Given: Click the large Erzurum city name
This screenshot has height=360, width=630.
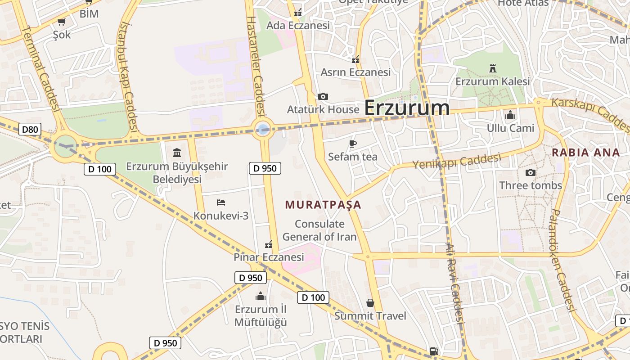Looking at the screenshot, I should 407,108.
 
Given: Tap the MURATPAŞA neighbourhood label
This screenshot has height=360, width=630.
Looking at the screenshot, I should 323,205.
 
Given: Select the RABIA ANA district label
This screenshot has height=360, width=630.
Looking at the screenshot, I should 586,152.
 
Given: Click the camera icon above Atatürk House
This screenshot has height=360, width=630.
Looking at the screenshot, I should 323,96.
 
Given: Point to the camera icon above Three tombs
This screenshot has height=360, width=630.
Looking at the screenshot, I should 531,172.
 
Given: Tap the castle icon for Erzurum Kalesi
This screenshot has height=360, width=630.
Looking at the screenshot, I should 492,68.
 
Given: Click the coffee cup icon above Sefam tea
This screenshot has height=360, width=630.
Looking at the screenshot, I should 353,144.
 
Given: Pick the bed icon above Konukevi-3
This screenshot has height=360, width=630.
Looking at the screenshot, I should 220,202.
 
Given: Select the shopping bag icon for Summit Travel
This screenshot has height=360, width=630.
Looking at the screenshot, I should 370,302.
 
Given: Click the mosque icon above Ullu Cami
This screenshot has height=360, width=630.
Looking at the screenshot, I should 510,115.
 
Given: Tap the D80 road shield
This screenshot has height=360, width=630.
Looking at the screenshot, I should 30,130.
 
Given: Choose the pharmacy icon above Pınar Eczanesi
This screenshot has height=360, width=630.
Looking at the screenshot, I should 269,244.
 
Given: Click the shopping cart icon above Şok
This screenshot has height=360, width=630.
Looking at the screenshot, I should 62,22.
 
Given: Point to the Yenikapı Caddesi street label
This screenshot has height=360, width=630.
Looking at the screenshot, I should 456,161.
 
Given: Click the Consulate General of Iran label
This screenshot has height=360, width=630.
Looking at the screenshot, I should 319,230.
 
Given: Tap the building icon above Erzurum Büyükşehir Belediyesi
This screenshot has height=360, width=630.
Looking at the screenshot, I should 177,153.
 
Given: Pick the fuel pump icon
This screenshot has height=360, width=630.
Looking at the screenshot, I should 434,351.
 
